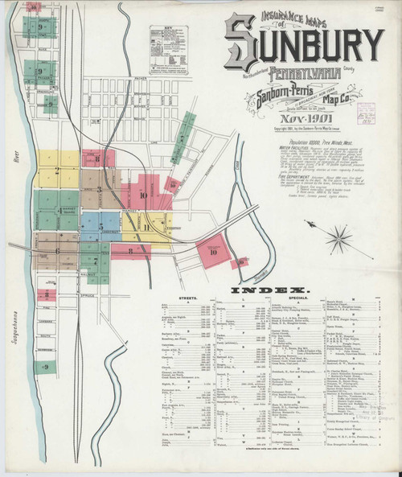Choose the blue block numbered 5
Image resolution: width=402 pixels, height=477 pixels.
click(89, 221)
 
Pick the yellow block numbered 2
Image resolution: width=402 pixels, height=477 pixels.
click(56, 171)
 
